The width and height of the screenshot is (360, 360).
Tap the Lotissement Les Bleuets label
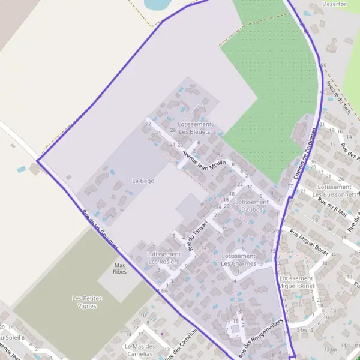point(194,127)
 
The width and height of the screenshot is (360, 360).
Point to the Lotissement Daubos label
point(251,206)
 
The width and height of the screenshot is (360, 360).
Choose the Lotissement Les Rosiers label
point(163,258)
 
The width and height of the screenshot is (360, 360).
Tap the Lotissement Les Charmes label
point(238,260)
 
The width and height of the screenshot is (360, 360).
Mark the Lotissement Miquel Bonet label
point(297,282)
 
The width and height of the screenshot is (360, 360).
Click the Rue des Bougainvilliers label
point(260,334)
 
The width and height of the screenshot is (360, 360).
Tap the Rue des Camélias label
point(181,344)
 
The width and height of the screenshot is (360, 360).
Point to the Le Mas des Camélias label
point(139,350)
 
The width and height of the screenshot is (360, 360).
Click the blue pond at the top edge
point(157,4)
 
